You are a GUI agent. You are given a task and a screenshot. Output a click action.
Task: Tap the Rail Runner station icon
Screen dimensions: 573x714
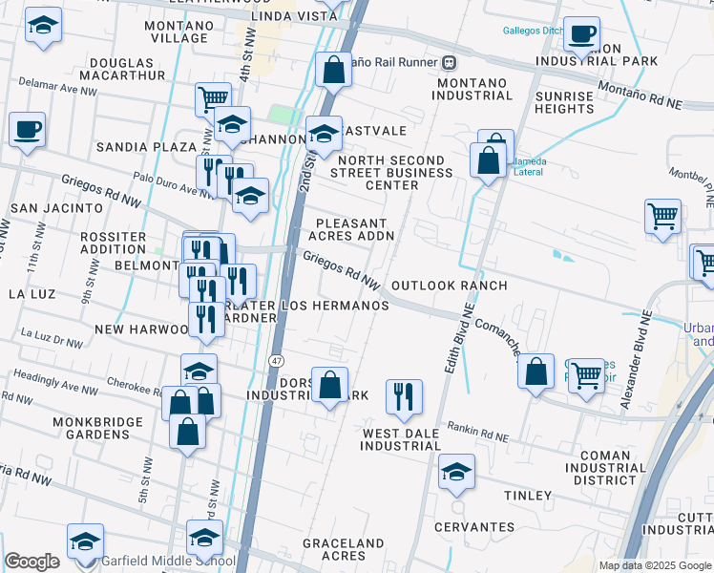447,62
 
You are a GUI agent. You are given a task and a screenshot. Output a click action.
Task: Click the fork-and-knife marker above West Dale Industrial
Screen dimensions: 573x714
405,396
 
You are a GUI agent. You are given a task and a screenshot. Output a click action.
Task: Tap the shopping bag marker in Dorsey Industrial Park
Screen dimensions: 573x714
329,387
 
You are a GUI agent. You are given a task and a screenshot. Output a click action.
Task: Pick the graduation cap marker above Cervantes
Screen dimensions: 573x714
457,473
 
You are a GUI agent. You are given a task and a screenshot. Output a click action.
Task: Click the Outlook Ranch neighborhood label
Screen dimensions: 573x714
449,286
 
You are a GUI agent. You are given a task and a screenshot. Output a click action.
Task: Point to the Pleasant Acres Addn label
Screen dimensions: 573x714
355,228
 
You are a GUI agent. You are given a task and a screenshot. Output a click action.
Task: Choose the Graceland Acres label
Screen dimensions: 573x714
347,549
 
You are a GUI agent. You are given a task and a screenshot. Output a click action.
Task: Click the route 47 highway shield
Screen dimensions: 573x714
276,360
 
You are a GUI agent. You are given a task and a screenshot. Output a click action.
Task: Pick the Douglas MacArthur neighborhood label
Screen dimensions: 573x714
129,69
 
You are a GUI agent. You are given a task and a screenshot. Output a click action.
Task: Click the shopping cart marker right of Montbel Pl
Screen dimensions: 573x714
662,215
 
